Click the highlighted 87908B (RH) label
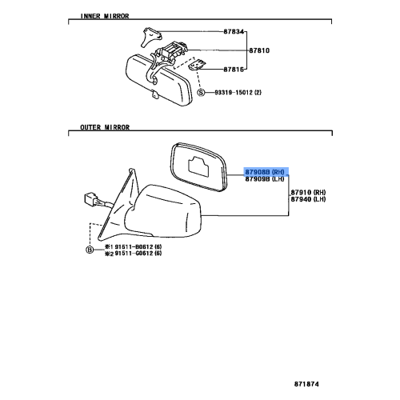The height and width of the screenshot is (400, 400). [266, 172]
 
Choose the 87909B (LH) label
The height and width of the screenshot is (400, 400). [266, 180]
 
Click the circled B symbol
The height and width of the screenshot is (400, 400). [90, 250]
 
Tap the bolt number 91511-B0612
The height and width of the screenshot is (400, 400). [133, 246]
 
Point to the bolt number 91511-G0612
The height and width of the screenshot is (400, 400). [133, 254]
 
